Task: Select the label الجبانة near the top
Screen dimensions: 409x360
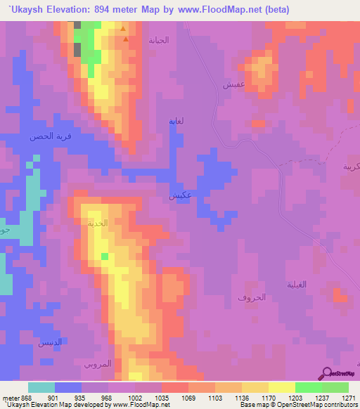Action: tap(159, 40)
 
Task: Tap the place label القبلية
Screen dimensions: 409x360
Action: tap(298, 285)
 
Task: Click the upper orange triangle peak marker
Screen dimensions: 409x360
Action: tap(124, 29)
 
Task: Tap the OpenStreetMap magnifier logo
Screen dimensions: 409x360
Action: tap(328, 373)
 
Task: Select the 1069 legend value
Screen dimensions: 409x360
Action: tap(188, 397)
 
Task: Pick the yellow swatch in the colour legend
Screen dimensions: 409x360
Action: tap(281, 387)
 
